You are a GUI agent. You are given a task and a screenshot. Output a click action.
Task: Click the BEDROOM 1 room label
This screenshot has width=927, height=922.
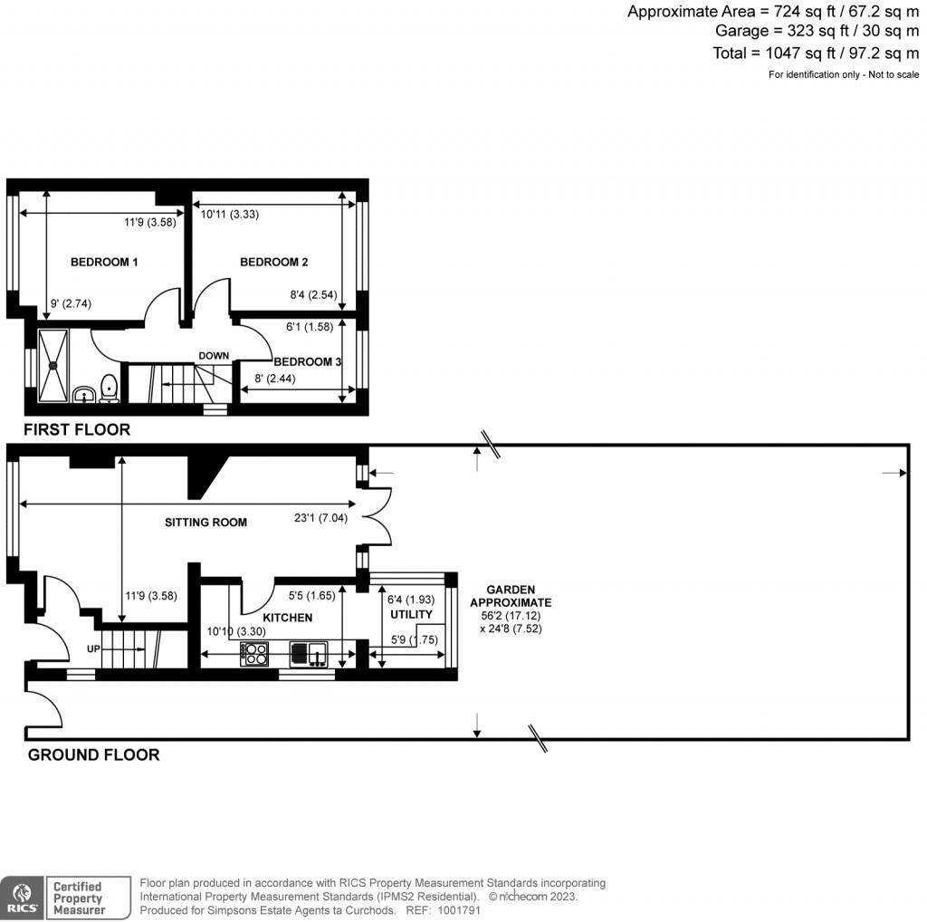(x=104, y=263)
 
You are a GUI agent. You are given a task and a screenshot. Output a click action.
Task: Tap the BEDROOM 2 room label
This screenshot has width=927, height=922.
(x=273, y=263)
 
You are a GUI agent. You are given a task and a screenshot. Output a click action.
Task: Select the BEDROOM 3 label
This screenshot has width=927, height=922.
(x=307, y=362)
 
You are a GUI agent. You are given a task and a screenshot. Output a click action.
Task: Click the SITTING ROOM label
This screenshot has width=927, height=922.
(x=205, y=523)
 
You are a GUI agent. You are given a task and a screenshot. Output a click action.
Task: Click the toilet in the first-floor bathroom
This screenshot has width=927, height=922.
(x=110, y=389)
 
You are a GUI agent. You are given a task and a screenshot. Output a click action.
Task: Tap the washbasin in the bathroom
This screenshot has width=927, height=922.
(x=83, y=394)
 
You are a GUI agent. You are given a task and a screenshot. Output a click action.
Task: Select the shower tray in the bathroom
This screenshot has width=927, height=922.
(x=53, y=365)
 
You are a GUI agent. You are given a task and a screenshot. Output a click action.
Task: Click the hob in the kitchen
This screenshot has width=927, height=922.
(x=253, y=654)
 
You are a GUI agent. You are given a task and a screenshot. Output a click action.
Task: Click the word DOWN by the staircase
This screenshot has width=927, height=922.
(x=214, y=356)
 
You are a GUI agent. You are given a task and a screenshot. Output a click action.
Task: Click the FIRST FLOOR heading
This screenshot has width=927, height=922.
(x=77, y=429)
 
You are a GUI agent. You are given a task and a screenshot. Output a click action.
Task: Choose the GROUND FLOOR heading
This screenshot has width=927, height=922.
(x=93, y=754)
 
